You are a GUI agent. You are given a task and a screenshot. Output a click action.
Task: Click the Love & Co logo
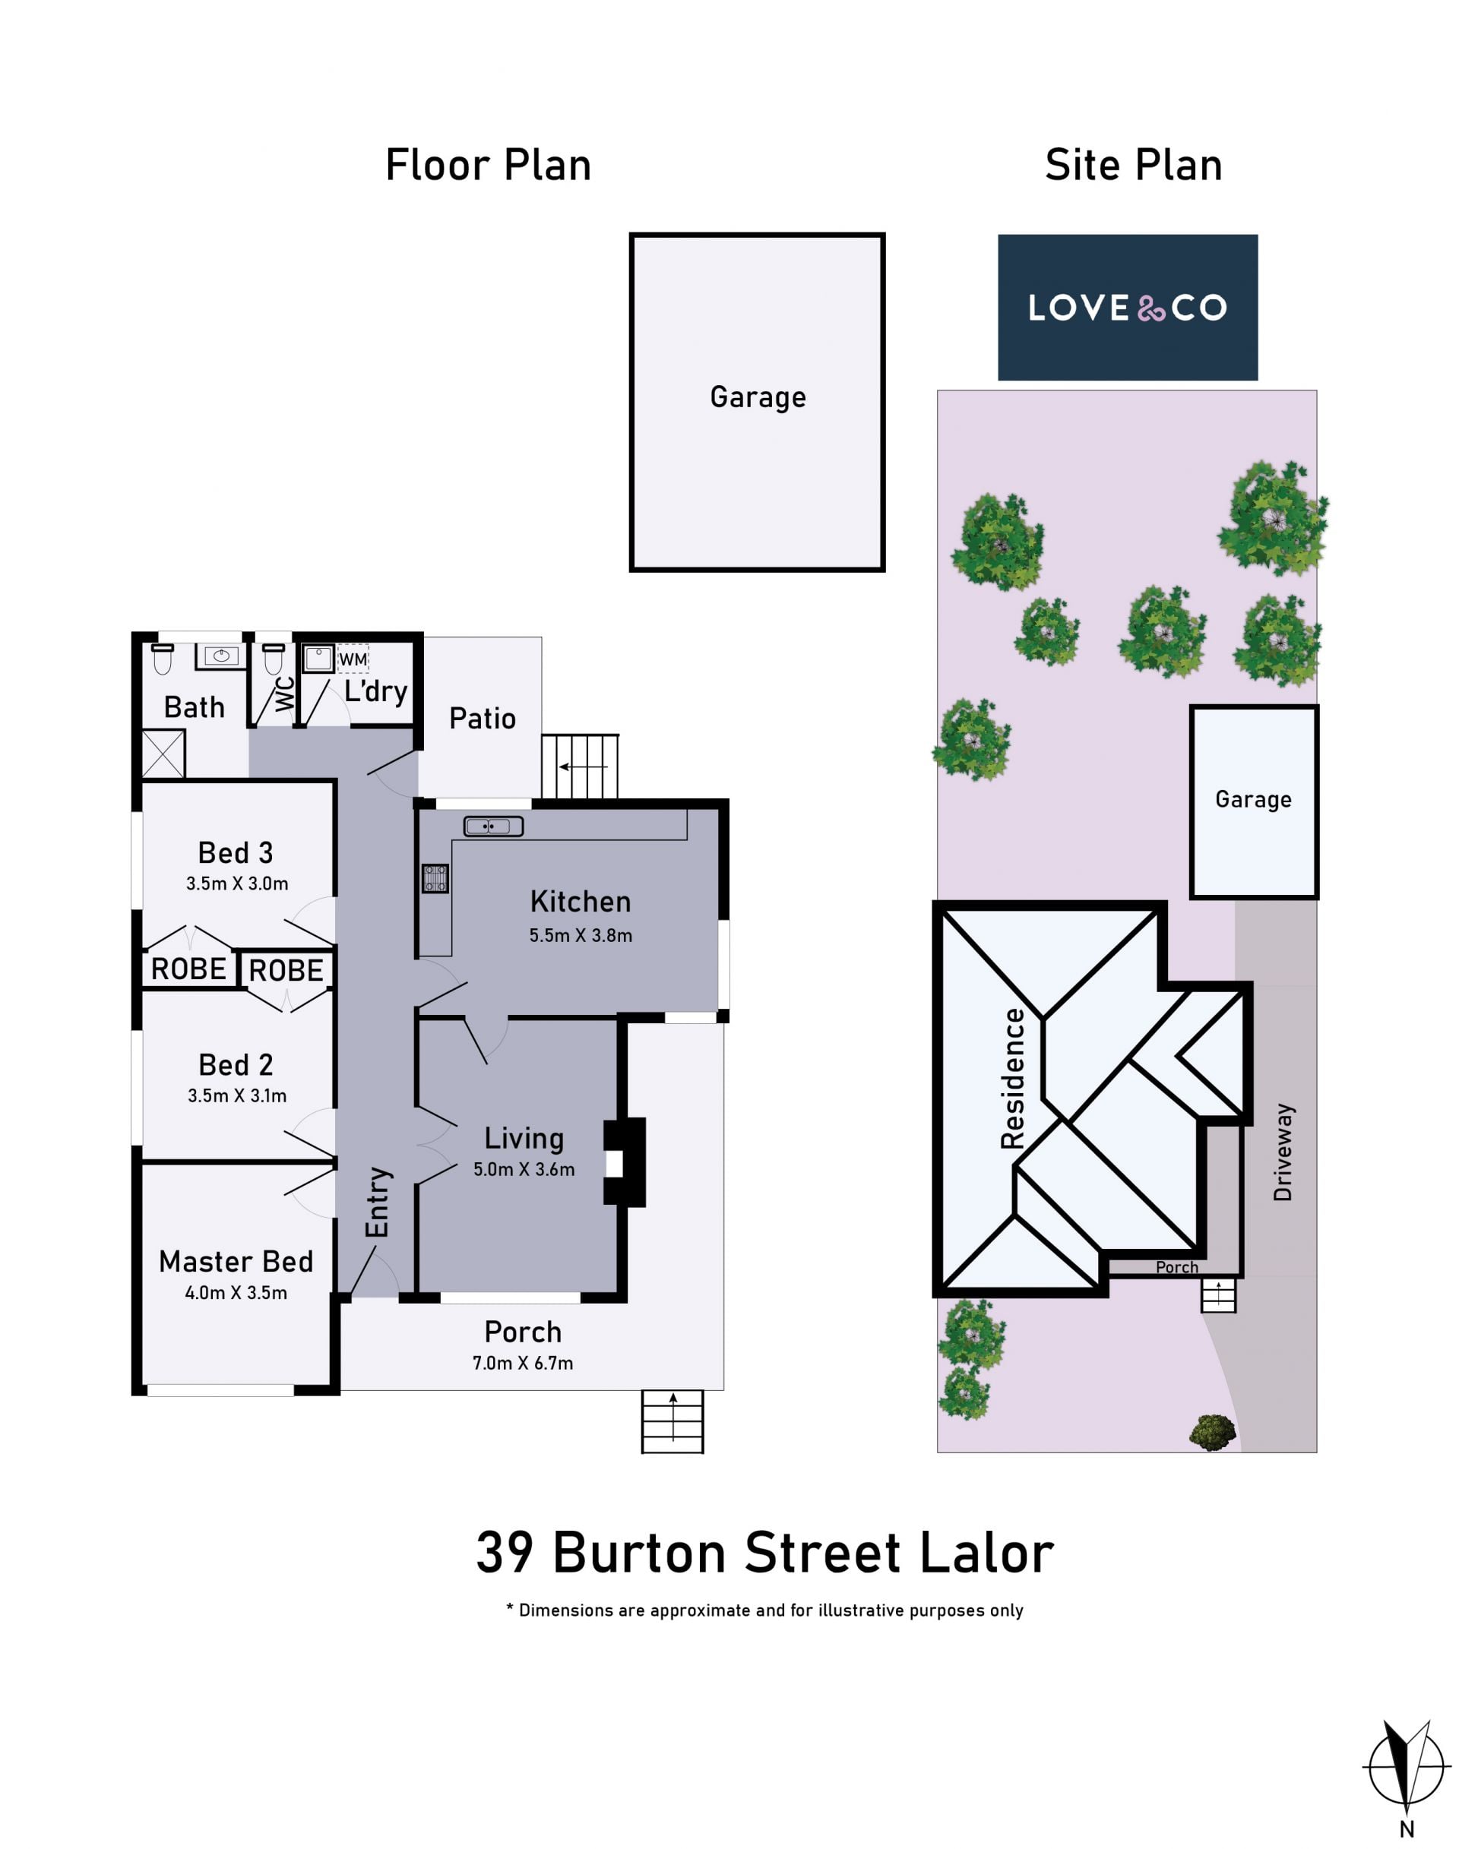click(1128, 308)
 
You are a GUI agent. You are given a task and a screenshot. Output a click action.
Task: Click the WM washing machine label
click(353, 659)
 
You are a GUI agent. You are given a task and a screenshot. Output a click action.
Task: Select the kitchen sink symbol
click(493, 826)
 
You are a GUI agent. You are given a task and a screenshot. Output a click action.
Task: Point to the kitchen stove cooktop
click(435, 878)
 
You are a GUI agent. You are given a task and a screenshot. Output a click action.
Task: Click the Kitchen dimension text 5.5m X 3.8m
click(581, 935)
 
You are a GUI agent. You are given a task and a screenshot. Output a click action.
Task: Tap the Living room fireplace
click(625, 1162)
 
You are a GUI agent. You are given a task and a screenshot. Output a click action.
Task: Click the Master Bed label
click(236, 1262)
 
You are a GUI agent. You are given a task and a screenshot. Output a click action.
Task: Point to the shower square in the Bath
click(163, 754)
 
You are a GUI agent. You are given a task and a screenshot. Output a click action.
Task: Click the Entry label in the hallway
click(378, 1202)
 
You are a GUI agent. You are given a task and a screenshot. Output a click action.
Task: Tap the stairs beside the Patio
click(580, 766)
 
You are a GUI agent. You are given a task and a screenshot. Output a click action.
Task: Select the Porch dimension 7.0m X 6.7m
click(523, 1363)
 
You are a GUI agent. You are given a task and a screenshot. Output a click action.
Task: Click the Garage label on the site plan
click(1253, 799)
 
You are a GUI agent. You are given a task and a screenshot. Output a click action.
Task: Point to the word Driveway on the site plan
click(1283, 1152)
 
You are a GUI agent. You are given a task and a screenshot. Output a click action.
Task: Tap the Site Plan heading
click(1134, 165)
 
